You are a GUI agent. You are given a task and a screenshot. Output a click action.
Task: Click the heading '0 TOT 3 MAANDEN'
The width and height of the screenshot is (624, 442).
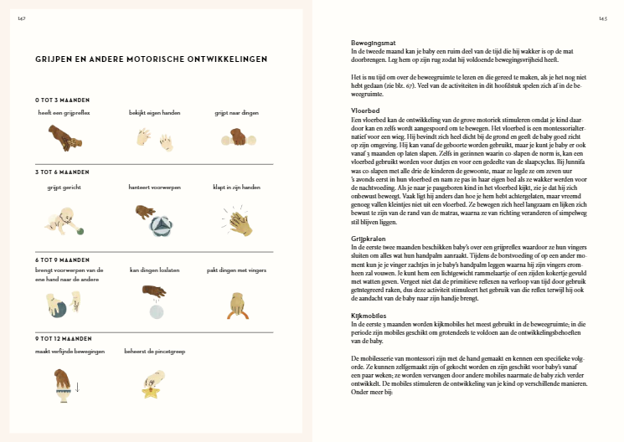(63, 99)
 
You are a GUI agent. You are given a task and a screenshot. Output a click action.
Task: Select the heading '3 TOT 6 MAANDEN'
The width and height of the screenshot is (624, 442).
(63, 172)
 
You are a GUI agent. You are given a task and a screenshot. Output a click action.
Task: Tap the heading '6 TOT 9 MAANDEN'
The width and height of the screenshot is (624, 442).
(63, 260)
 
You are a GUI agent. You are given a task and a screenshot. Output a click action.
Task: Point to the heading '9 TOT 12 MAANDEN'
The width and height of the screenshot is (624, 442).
(64, 337)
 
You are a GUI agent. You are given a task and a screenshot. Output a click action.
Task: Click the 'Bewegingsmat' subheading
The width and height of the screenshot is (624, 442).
(374, 44)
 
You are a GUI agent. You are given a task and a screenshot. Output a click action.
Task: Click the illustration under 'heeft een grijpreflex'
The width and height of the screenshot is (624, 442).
(62, 135)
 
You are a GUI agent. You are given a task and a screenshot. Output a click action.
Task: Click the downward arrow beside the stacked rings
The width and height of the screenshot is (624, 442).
(77, 387)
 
